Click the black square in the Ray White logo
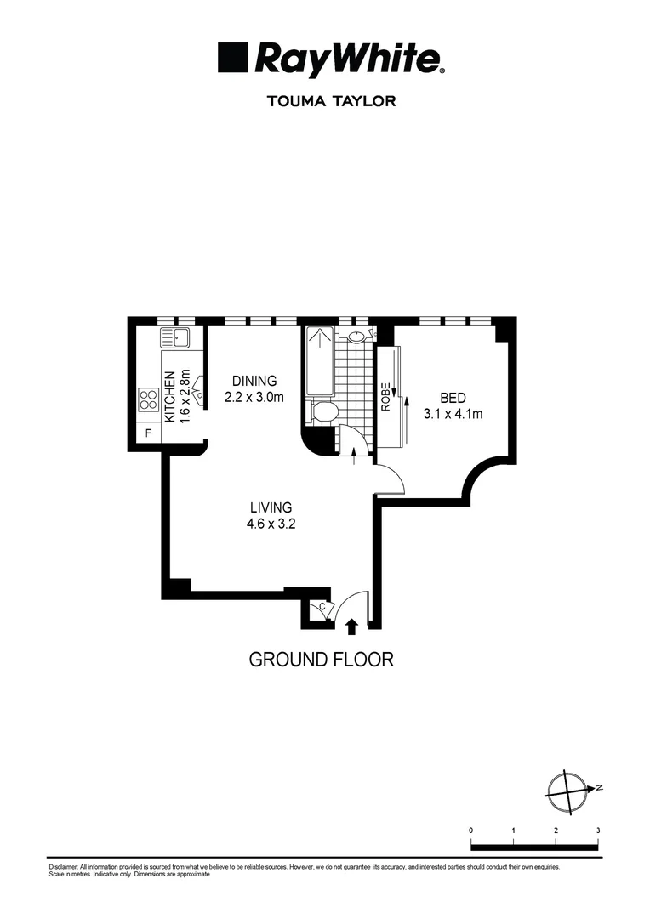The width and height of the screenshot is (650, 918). click(x=233, y=58)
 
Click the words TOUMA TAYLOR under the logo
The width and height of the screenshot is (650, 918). click(x=331, y=101)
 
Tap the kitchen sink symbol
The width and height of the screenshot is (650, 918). click(x=176, y=338)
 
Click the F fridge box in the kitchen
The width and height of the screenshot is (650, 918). click(x=148, y=433)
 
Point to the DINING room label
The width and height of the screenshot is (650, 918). click(x=254, y=381)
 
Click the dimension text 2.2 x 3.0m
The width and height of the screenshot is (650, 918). click(x=254, y=396)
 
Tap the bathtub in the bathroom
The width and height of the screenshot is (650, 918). click(x=320, y=361)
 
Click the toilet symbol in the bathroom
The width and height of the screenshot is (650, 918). click(x=323, y=412)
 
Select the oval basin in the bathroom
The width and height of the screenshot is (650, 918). click(x=356, y=337)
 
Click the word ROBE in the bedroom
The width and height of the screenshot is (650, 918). click(x=385, y=397)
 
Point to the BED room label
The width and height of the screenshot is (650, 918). click(x=453, y=398)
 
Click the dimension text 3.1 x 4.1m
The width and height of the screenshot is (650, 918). click(x=453, y=414)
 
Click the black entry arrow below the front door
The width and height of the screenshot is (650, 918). click(x=351, y=626)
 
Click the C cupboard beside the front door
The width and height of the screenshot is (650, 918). click(x=321, y=608)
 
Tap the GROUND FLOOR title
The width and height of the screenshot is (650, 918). click(x=321, y=659)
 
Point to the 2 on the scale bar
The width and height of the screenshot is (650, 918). click(x=556, y=830)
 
